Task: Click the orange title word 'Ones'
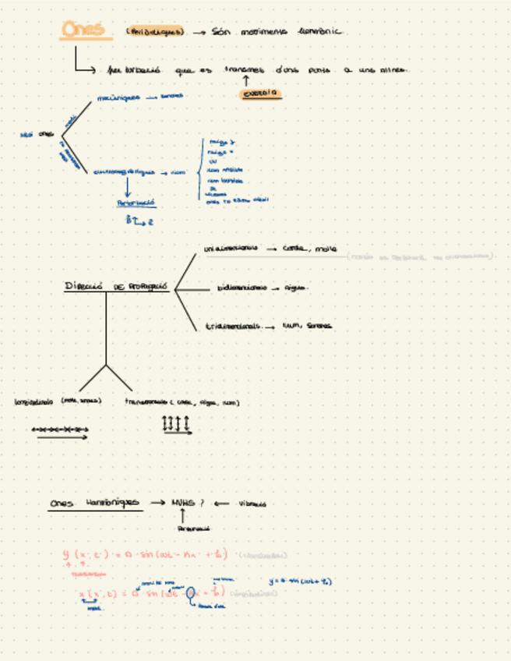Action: pyautogui.click(x=81, y=30)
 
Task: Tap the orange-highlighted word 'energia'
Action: pyautogui.click(x=261, y=94)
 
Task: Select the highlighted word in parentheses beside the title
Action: pyautogui.click(x=155, y=32)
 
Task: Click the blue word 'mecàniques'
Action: pyautogui.click(x=118, y=98)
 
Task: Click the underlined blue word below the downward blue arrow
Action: pyautogui.click(x=136, y=202)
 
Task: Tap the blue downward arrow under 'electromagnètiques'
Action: pyautogui.click(x=128, y=187)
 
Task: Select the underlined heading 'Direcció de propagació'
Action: pyautogui.click(x=116, y=287)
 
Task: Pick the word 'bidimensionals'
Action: pyautogui.click(x=240, y=288)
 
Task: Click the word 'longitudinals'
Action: pyautogui.click(x=33, y=402)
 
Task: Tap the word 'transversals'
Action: pyautogui.click(x=146, y=402)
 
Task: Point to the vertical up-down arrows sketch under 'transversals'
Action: pyautogui.click(x=176, y=425)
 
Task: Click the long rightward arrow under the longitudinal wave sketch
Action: pyautogui.click(x=62, y=438)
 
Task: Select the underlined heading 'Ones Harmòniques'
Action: pyautogui.click(x=93, y=504)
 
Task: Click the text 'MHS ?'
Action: pyautogui.click(x=187, y=503)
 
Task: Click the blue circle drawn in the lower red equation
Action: pyautogui.click(x=191, y=592)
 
